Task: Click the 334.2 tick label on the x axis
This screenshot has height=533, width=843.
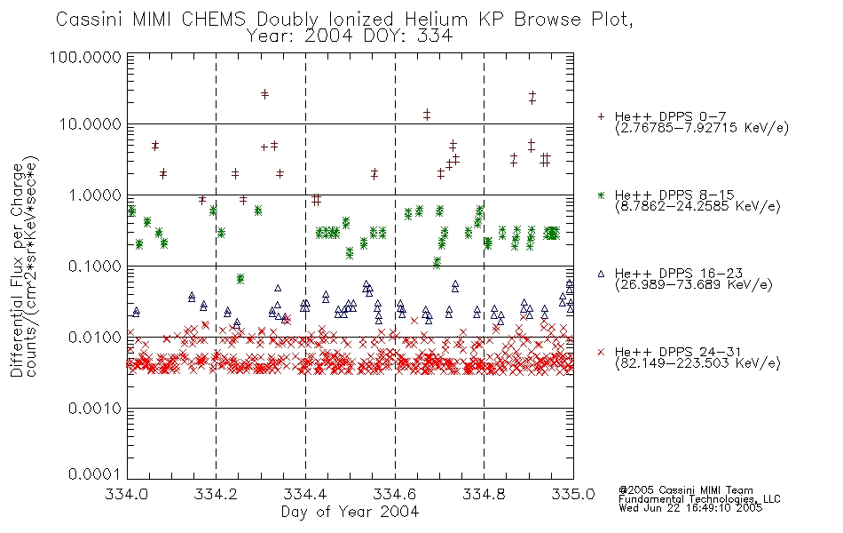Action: pos(217,494)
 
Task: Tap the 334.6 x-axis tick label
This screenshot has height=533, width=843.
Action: pos(395,494)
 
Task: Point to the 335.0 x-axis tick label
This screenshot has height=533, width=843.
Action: pos(573,494)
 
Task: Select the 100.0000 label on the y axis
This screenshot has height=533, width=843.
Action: pos(86,57)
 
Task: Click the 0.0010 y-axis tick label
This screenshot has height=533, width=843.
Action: pos(95,409)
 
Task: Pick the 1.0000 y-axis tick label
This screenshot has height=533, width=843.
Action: pos(95,195)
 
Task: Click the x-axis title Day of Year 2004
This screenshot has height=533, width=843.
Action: pos(350,512)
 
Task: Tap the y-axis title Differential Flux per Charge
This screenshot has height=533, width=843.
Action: pos(18,270)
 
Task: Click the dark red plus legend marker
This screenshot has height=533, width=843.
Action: pos(601,116)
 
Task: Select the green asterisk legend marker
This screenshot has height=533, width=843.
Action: pos(601,195)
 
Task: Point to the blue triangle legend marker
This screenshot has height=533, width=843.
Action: pos(601,274)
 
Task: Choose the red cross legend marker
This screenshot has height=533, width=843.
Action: pos(601,352)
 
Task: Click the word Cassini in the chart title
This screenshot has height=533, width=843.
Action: pos(91,20)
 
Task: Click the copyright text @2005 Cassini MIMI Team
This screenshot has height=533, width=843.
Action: pos(686,490)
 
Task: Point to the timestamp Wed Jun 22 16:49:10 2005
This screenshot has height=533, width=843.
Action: pos(690,508)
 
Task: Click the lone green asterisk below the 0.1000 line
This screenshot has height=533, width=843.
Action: pos(240,278)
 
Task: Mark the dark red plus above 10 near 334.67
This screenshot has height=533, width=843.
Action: pos(427,114)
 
